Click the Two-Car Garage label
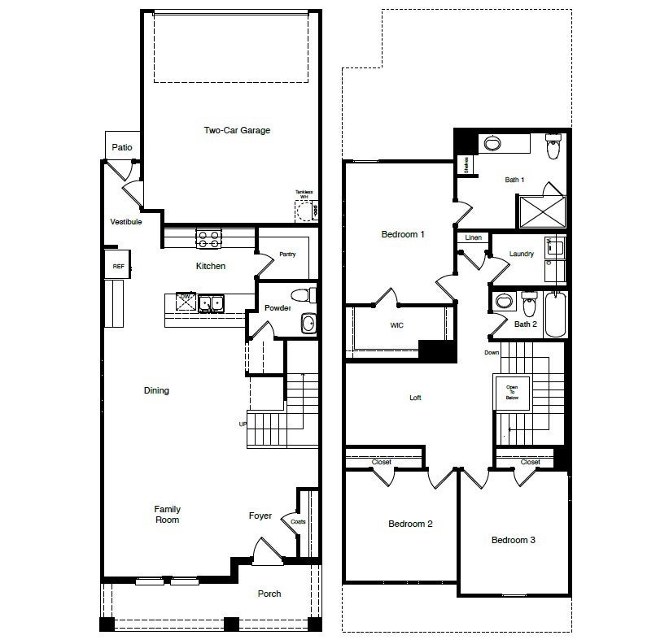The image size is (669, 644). (237, 130)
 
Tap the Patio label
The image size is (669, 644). (122, 148)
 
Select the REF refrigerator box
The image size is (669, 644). (118, 265)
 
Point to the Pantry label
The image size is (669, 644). (286, 255)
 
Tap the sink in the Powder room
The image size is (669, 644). (308, 324)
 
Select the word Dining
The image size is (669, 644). (156, 390)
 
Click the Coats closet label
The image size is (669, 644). (298, 521)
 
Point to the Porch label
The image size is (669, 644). (269, 594)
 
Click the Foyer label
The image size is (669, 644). (260, 516)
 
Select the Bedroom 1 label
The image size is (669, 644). (403, 235)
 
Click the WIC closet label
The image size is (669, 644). (396, 325)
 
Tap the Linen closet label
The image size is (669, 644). (474, 237)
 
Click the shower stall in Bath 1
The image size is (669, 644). (541, 211)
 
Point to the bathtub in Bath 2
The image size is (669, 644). (554, 313)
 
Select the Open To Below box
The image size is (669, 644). (512, 393)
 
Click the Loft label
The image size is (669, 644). (415, 398)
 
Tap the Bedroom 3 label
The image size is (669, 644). (513, 540)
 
